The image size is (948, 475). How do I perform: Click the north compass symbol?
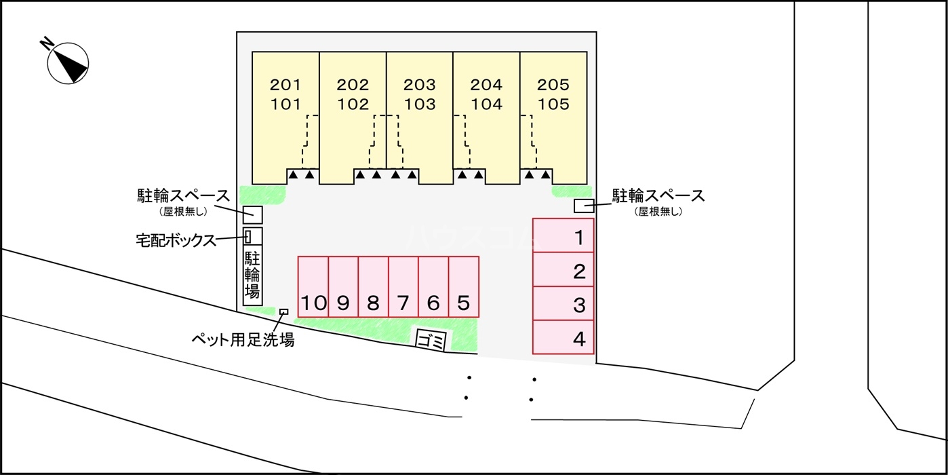click(68, 62)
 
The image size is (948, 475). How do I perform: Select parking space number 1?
click(563, 235)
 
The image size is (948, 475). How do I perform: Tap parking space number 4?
click(563, 337)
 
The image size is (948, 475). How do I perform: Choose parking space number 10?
click(313, 286)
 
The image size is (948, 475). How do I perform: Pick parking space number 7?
click(403, 286)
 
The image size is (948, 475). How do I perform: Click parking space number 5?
click(464, 286)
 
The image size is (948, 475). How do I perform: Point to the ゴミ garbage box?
click(431, 338)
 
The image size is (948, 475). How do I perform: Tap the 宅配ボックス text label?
click(175, 240)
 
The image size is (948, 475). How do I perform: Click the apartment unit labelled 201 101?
click(285, 115)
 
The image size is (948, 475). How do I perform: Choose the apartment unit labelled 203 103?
click(419, 115)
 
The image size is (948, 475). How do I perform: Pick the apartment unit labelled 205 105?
click(553, 115)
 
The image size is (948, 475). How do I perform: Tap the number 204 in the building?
click(486, 85)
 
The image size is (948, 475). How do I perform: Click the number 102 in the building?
click(353, 105)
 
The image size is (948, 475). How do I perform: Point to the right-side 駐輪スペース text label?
click(658, 197)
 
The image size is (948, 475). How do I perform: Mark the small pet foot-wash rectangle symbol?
click(283, 311)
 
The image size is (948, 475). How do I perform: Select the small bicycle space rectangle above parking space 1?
click(584, 206)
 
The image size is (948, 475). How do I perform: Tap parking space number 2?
click(563, 270)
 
